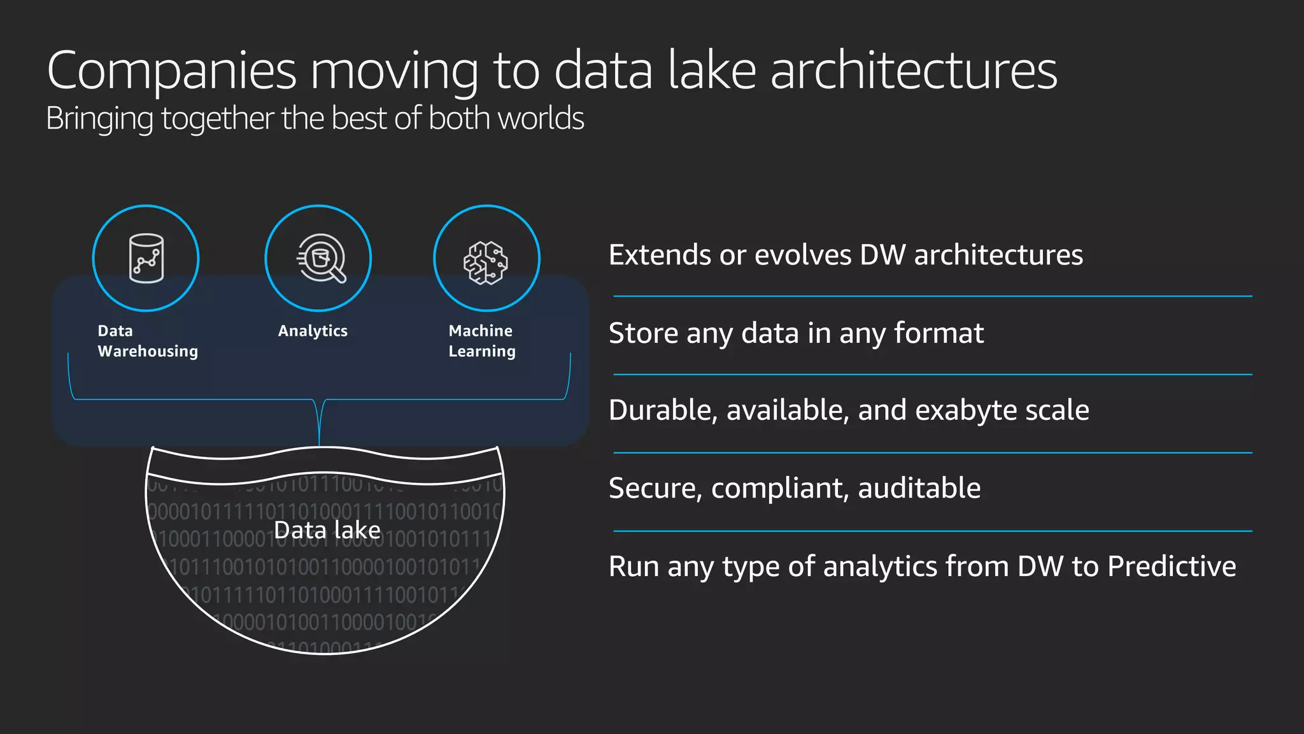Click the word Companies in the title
pos(172,71)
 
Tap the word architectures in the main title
pos(914,71)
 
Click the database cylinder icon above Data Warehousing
pos(146,258)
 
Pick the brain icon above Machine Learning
pos(486,262)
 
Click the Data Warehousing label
pos(147,341)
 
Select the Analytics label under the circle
pos(313,331)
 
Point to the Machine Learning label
pos(481,341)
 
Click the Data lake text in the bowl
pos(327,530)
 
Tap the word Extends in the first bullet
pos(659,255)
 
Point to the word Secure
pos(655,489)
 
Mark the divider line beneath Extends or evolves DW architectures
pos(932,296)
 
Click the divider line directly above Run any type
pos(932,531)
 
